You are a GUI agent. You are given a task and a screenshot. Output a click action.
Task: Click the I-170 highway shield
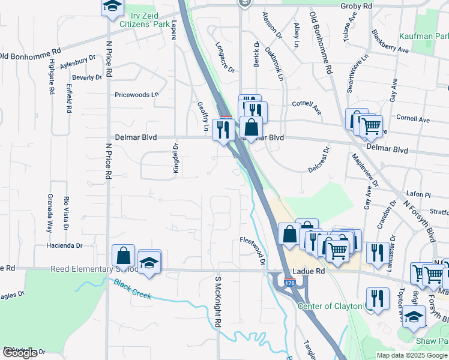coord(290,283)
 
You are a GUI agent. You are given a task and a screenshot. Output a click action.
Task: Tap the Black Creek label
coord(134,290)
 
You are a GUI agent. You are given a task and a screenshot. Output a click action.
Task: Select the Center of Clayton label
coord(330,306)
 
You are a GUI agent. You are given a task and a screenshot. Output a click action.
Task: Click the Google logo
coord(20,353)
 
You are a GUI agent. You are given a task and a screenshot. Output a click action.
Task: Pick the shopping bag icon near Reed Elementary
coord(123,256)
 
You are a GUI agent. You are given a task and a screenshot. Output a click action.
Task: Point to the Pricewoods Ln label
coord(137,95)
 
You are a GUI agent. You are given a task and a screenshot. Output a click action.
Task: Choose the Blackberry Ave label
coord(390,41)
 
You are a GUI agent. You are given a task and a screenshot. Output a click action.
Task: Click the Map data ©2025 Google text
coord(411,355)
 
